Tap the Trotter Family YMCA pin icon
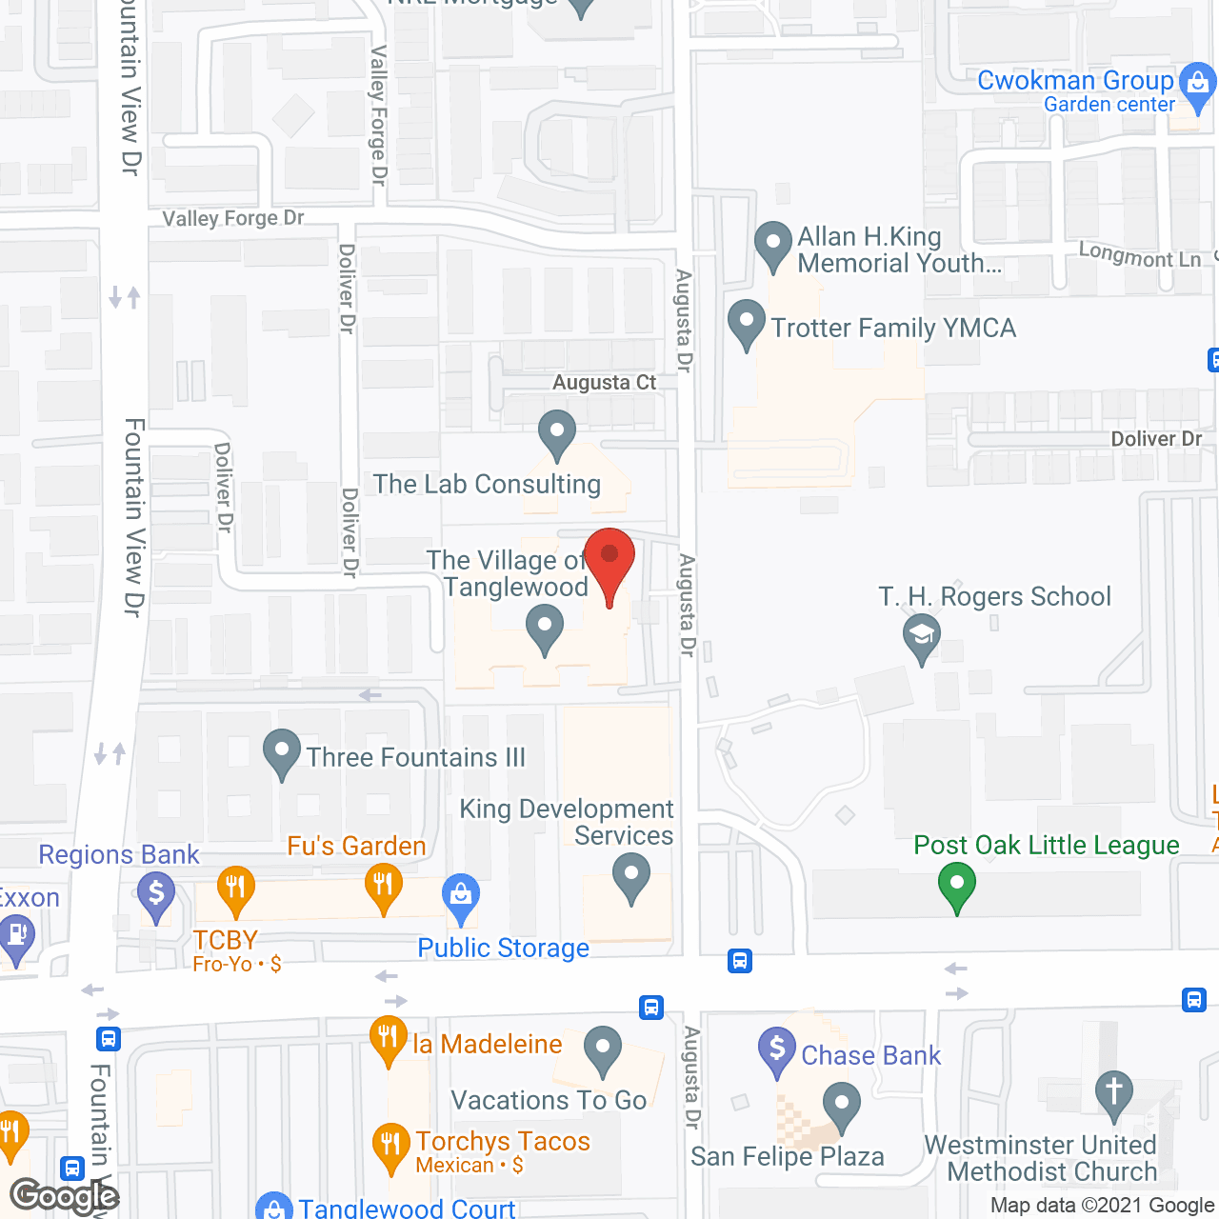[x=747, y=324]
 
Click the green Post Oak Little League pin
[x=957, y=886]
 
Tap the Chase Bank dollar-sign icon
[x=777, y=1051]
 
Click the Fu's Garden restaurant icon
[x=384, y=888]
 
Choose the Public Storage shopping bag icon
[x=461, y=897]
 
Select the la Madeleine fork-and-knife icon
[x=388, y=1039]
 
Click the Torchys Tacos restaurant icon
[x=390, y=1147]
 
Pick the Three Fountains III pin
[x=281, y=752]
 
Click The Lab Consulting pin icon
[x=557, y=434]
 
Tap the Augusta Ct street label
[x=605, y=382]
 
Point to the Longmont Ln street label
[x=1140, y=255]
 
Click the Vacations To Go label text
[x=549, y=1100]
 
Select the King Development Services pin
[x=630, y=876]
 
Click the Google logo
[x=65, y=1195]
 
